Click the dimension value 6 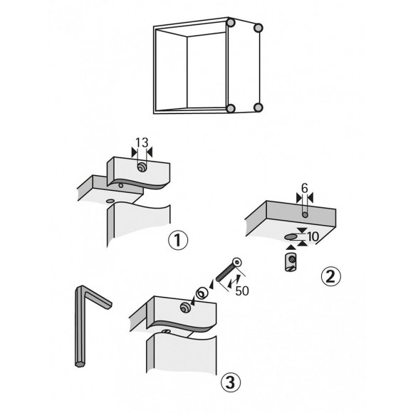pyautogui.click(x=304, y=189)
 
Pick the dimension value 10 pyautogui.click(x=313, y=236)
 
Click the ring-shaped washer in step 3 pyautogui.click(x=202, y=291)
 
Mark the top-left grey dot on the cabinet pyautogui.click(x=230, y=23)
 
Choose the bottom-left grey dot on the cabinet pyautogui.click(x=230, y=109)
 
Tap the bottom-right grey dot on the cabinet pyautogui.click(x=259, y=108)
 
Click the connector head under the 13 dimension pyautogui.click(x=142, y=166)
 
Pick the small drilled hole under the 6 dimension pyautogui.click(x=304, y=213)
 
